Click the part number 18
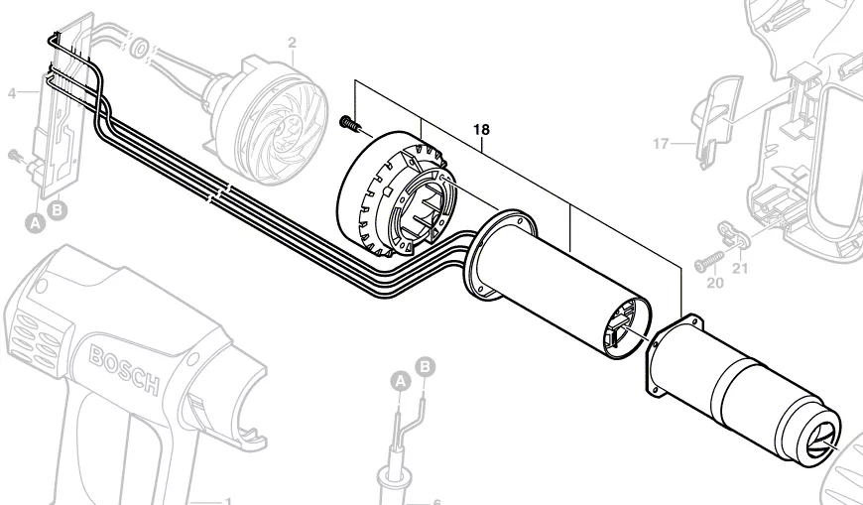coord(481,130)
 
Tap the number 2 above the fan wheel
coord(292,43)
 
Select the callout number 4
coord(11,94)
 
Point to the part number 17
coord(661,144)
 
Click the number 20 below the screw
coord(714,283)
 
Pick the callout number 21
coord(741,267)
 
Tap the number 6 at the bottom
coord(436,502)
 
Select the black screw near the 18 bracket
coord(349,122)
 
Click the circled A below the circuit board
coord(35,223)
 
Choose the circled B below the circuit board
coord(59,209)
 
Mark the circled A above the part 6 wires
coord(400,380)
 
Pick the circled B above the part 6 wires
coord(426,366)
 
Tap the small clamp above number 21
coord(735,233)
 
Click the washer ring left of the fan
coord(139,47)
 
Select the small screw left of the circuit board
coord(15,155)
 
